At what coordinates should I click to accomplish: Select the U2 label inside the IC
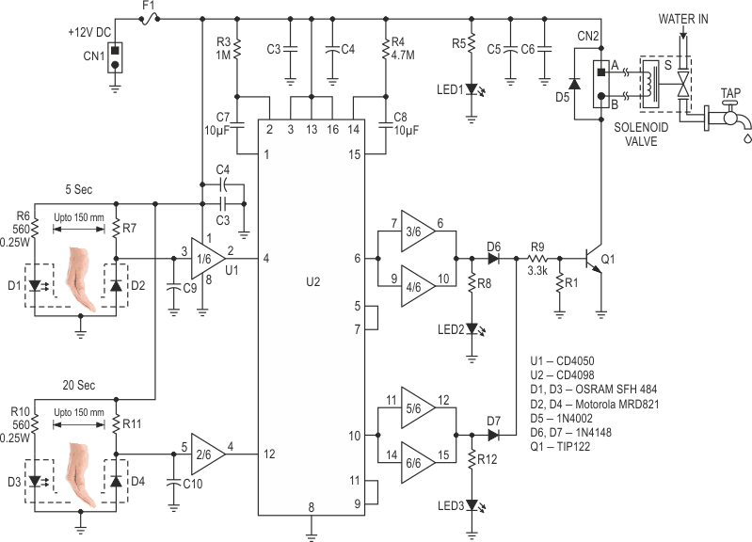point(310,280)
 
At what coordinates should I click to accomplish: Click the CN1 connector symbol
point(115,56)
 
